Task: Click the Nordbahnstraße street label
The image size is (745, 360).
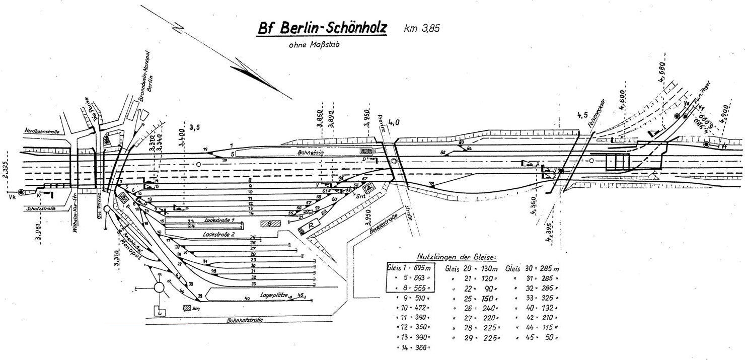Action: pyautogui.click(x=44, y=131)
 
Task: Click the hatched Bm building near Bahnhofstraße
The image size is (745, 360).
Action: pyautogui.click(x=187, y=307)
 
